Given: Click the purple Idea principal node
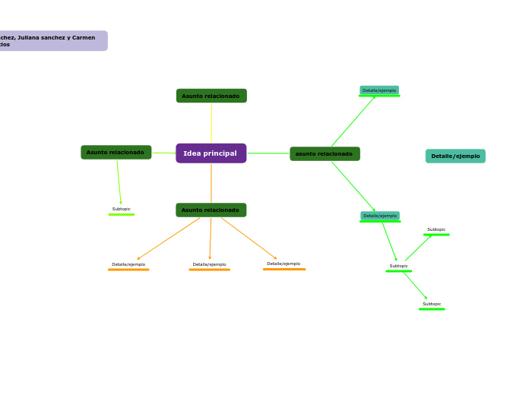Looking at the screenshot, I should [x=211, y=153].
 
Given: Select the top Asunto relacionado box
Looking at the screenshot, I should [x=211, y=96].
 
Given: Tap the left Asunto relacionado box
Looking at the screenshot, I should [x=116, y=152].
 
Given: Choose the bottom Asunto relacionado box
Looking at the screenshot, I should [x=211, y=210].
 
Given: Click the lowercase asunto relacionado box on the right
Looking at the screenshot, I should [x=325, y=153].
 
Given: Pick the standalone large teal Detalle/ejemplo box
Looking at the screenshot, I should [x=455, y=156].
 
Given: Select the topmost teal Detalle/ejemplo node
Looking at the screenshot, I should [x=379, y=90].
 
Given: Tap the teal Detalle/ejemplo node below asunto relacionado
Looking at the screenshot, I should [x=379, y=216].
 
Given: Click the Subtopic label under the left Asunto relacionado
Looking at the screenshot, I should [x=122, y=209].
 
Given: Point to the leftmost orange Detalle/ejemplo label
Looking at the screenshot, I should [x=128, y=264].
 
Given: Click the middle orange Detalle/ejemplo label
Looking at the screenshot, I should [x=209, y=264].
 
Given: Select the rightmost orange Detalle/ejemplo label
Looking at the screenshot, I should [x=284, y=264].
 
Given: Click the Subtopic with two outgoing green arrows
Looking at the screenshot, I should [x=399, y=266].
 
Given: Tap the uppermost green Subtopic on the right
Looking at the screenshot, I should [x=436, y=229].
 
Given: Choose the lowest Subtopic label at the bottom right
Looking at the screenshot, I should [x=432, y=304].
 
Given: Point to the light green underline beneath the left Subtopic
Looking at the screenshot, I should [x=122, y=215].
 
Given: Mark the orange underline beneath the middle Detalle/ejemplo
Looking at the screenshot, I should [x=209, y=270].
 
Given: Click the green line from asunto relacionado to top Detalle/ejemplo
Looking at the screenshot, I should [x=353, y=122].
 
